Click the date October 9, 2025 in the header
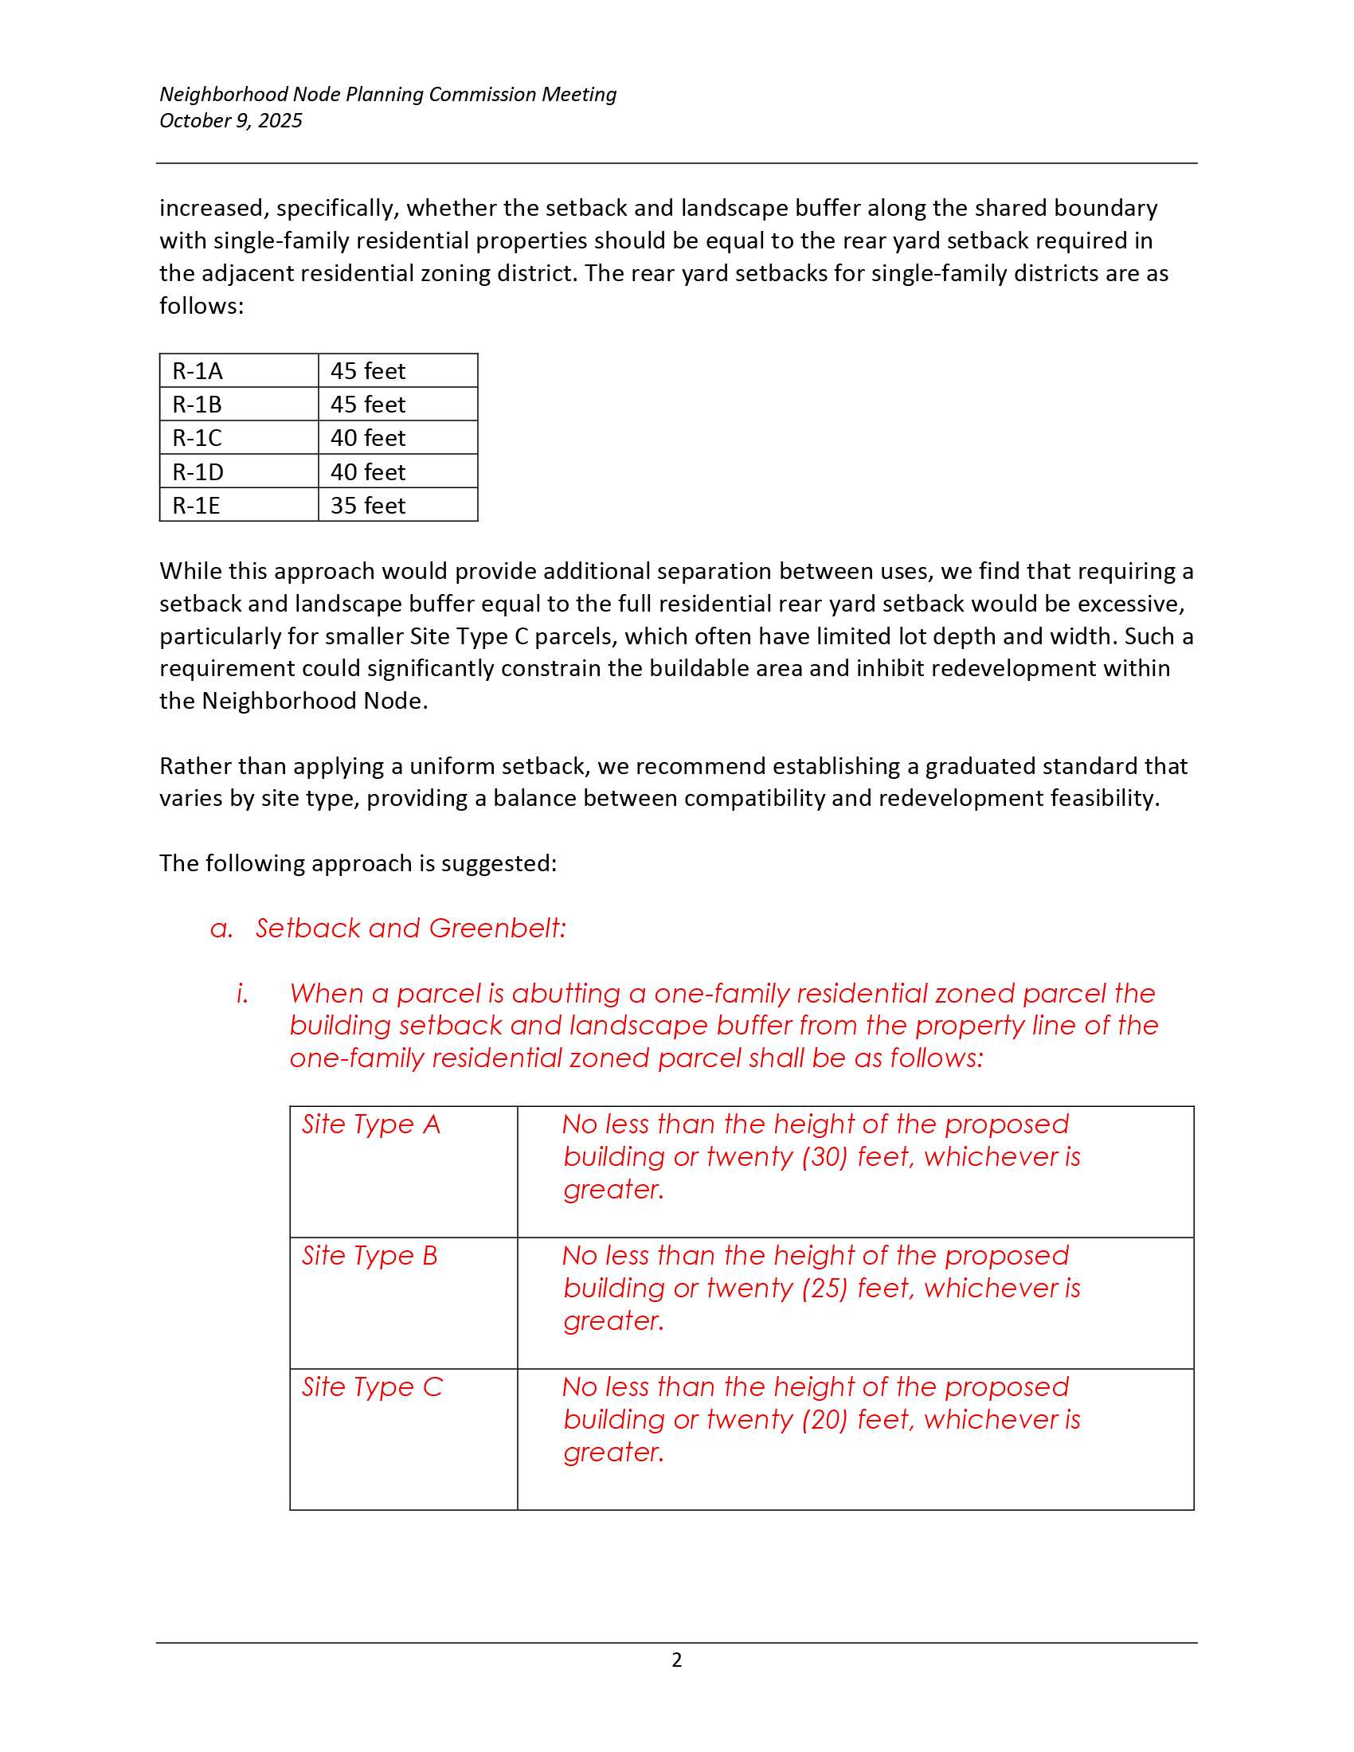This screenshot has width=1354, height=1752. [x=230, y=120]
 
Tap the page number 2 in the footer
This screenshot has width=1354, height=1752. [x=676, y=1660]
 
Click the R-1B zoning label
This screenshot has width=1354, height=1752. [x=197, y=405]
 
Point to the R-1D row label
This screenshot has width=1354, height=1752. [x=198, y=471]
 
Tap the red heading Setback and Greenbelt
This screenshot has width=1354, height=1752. [x=410, y=928]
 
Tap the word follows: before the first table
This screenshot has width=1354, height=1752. [x=202, y=306]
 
